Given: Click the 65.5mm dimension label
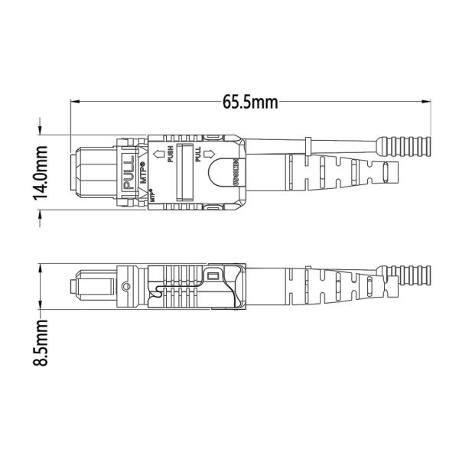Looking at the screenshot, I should click(250, 102).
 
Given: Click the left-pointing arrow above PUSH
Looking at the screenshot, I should click(158, 155).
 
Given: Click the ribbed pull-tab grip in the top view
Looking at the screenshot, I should click(409, 145).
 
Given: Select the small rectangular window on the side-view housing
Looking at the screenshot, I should click(213, 275).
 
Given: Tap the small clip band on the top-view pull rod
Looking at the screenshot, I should click(306, 145).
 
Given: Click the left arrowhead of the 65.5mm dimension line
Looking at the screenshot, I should click(74, 102).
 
